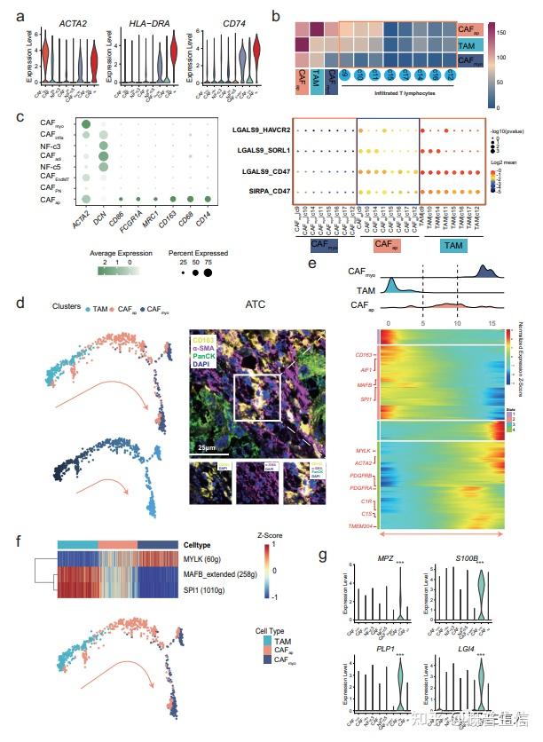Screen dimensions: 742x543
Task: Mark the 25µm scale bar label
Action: point(209,441)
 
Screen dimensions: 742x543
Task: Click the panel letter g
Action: point(323,557)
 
